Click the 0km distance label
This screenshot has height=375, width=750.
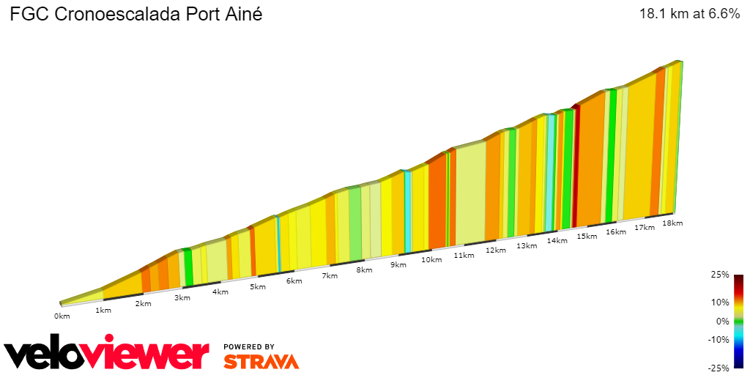(x=62, y=316)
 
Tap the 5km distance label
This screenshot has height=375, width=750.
(x=257, y=286)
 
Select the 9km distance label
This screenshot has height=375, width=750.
(x=398, y=264)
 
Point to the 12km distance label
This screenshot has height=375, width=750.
(x=495, y=250)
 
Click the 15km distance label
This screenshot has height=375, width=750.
(x=587, y=236)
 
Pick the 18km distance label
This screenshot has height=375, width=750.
(x=672, y=223)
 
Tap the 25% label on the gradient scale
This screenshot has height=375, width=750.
(x=721, y=275)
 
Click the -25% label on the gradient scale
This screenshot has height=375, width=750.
(x=719, y=368)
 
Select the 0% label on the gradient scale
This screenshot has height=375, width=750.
(x=723, y=321)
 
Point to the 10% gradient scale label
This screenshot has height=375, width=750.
(x=721, y=302)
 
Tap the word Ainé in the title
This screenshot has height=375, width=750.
(x=242, y=14)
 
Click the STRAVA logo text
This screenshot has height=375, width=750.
(x=261, y=362)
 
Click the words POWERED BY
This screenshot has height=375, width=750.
(x=249, y=346)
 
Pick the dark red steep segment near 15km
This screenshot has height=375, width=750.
(x=576, y=166)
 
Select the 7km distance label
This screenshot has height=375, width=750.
(x=330, y=275)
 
